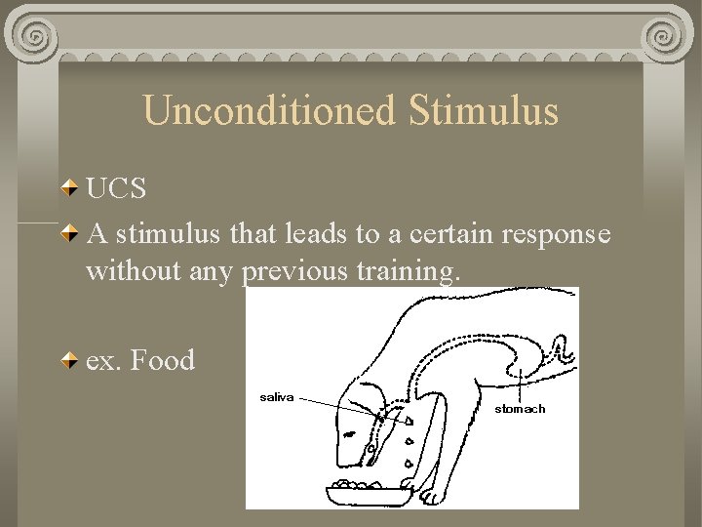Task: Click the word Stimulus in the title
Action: click(x=484, y=110)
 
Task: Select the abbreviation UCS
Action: click(x=116, y=187)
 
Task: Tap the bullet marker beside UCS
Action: click(x=72, y=187)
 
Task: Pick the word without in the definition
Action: click(x=126, y=270)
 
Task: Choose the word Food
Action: click(x=162, y=360)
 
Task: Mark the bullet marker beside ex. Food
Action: click(x=72, y=361)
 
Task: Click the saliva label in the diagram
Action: click(x=276, y=397)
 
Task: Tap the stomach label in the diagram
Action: click(x=520, y=409)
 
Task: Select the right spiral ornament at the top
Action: click(x=665, y=37)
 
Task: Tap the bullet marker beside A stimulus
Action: click(x=72, y=235)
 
